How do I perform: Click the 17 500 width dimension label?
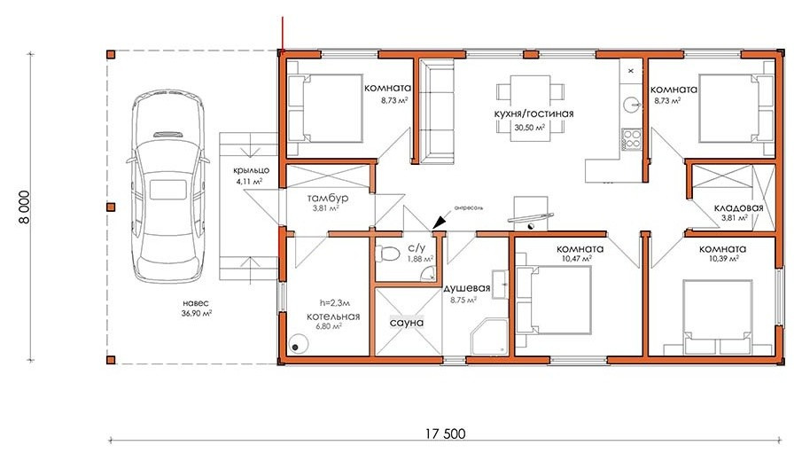pos(445,434)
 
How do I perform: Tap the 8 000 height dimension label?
pos(24,207)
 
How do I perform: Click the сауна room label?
pos(407,323)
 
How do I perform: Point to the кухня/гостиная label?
pos(533,113)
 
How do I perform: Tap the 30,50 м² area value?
pos(529,128)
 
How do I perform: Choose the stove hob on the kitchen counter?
pos(632,138)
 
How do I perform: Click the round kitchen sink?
pos(631,105)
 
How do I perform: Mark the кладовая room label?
pos(738,207)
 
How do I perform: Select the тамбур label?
pos(328,198)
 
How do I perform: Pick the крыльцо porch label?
pos(251,170)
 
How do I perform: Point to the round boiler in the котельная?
pos(297,343)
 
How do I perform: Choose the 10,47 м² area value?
pos(576,259)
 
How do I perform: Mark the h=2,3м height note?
pos(335,303)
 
